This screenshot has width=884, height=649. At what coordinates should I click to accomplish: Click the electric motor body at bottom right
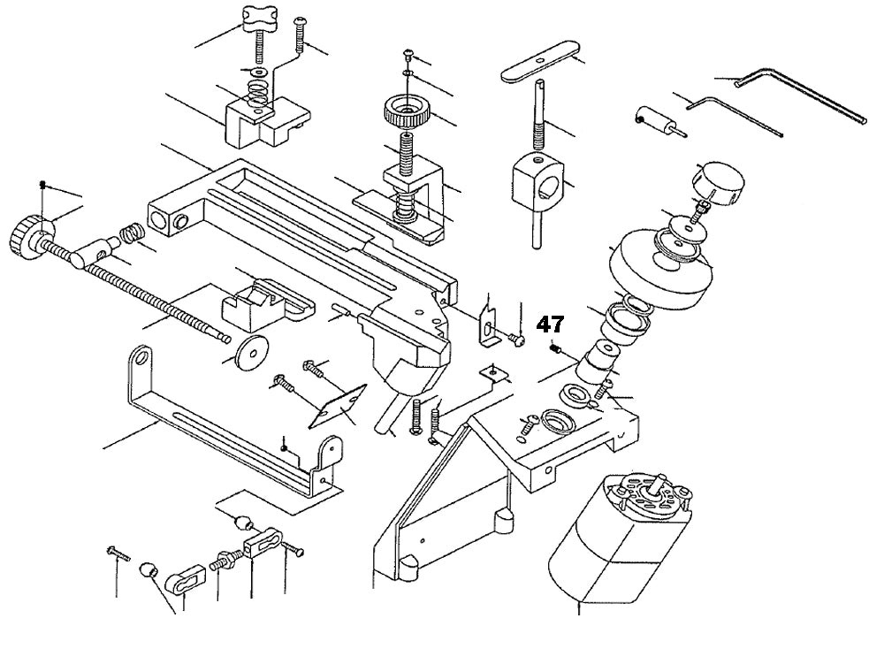[x=601, y=539]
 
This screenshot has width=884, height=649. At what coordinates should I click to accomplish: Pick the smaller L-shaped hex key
[x=734, y=114]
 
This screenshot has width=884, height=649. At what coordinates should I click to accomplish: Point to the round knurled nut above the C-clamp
[x=406, y=113]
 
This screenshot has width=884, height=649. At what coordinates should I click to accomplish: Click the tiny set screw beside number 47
[x=554, y=348]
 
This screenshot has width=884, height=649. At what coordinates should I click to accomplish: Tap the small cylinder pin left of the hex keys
[x=654, y=120]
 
